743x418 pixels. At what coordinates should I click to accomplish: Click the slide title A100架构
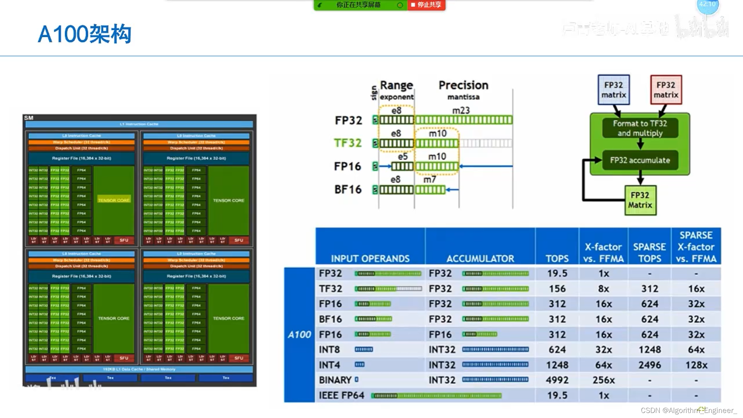tap(84, 34)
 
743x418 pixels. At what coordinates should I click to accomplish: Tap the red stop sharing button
tap(426, 5)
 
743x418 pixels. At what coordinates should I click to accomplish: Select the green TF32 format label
tap(348, 143)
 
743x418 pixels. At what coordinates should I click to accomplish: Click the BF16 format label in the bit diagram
tap(348, 190)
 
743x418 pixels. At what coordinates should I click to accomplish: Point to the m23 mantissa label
tap(461, 111)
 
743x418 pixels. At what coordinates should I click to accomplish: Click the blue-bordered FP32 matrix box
tap(613, 90)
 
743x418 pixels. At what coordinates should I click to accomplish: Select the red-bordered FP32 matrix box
tap(666, 90)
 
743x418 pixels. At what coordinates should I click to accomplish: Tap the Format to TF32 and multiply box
tap(640, 128)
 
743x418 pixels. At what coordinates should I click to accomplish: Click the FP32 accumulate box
tap(640, 160)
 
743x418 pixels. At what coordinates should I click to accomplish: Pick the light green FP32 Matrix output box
tap(640, 200)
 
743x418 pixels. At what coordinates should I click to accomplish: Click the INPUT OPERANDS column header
tap(370, 259)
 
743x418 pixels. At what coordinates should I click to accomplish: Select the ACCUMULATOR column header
tap(480, 259)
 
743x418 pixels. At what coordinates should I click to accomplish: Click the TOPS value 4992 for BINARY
tap(557, 380)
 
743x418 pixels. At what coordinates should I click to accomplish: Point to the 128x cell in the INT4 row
tap(696, 365)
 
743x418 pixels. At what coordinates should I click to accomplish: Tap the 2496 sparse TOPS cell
tap(649, 365)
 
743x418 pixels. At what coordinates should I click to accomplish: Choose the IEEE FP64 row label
tap(341, 396)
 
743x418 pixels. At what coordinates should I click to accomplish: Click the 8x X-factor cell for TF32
tap(603, 289)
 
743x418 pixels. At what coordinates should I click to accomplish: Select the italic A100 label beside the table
tap(299, 335)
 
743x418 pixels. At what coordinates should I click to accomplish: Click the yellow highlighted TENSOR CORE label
tap(114, 200)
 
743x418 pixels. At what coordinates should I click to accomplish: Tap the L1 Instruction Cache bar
tap(139, 124)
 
